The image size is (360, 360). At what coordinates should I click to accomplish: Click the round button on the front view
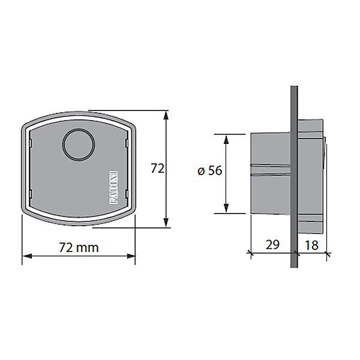[79, 144]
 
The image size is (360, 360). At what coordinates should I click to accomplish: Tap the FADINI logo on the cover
[113, 187]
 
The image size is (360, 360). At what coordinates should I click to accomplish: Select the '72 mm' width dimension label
[79, 247]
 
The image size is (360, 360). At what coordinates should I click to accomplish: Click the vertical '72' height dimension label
[157, 168]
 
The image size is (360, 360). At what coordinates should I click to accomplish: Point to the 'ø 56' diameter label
[210, 170]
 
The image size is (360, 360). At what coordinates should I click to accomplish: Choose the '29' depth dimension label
[272, 245]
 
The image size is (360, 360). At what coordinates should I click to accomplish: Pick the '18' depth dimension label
[311, 245]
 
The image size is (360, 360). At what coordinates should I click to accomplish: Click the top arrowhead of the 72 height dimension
[166, 115]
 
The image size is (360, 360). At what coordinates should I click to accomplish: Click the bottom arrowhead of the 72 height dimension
[166, 223]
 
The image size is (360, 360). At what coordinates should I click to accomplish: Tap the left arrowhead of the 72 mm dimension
[26, 256]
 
